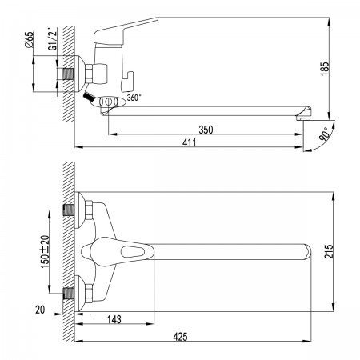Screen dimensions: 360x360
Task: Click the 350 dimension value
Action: (x=206, y=130)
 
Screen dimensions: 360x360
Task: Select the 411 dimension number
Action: (x=189, y=143)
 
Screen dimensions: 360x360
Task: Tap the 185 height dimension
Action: (x=325, y=69)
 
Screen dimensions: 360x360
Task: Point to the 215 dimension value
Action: (x=329, y=251)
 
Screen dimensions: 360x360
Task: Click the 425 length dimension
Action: (x=180, y=337)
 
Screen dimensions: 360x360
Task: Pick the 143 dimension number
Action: (x=114, y=319)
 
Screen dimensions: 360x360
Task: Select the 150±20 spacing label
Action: (x=45, y=252)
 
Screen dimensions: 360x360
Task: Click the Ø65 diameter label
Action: (x=30, y=40)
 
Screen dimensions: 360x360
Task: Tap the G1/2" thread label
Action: (x=53, y=39)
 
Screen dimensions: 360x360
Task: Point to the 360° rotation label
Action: (x=134, y=98)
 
